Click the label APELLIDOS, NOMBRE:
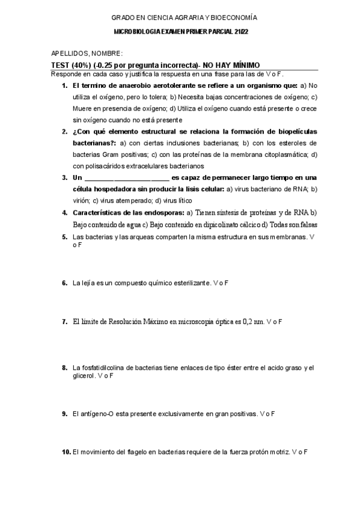(87, 54)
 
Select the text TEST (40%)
(71, 65)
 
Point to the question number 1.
(65, 86)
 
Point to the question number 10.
(66, 452)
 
